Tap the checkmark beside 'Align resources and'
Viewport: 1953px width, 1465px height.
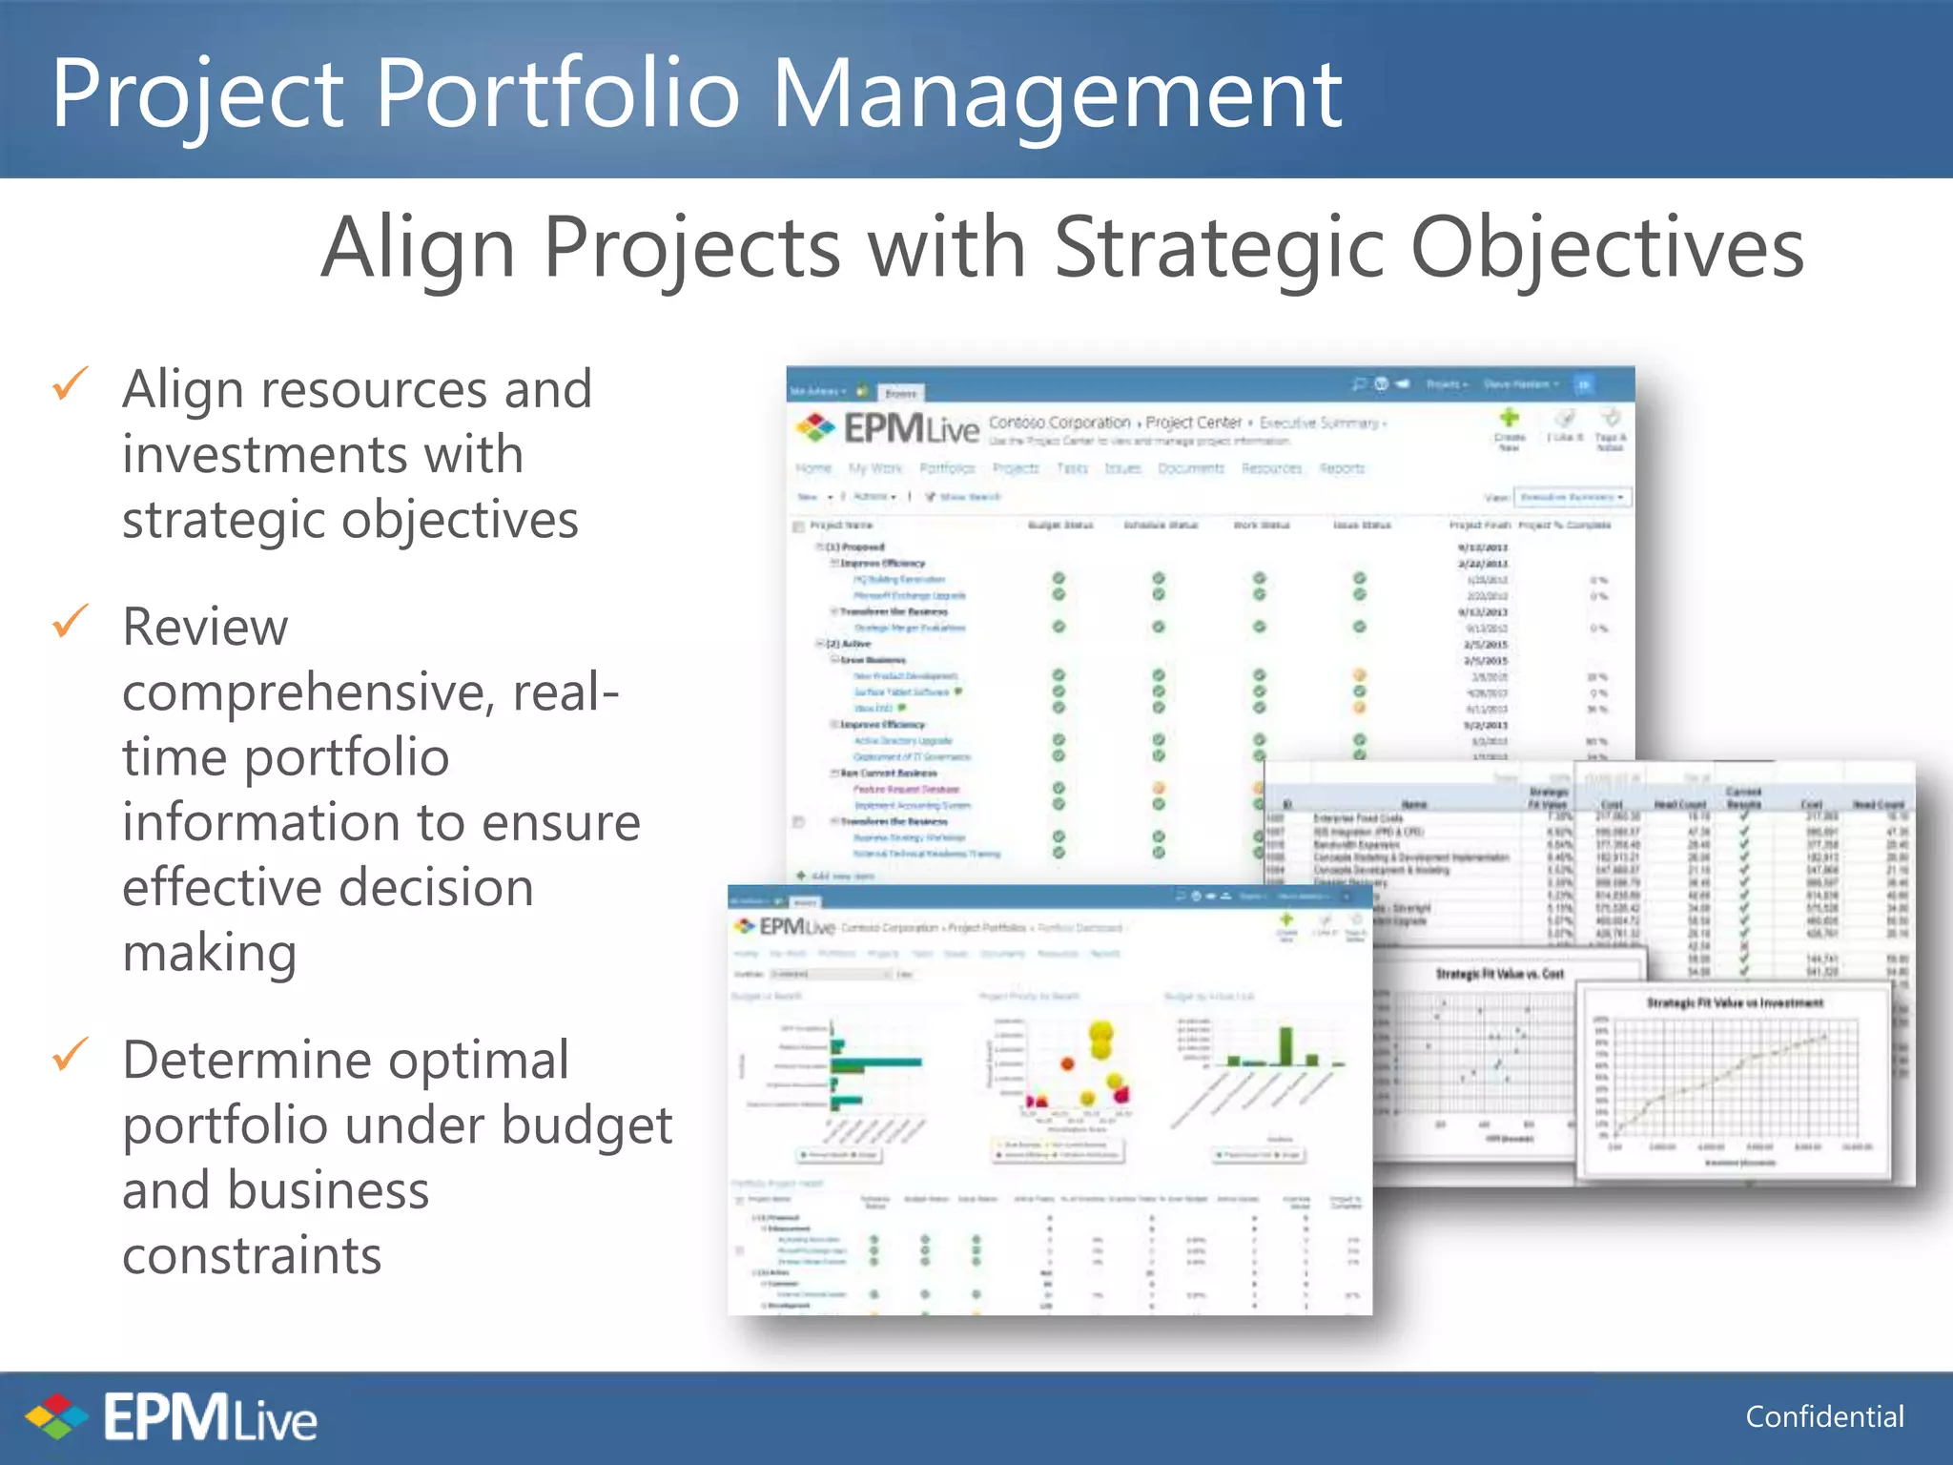pos(71,384)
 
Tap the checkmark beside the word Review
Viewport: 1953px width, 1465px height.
pos(71,621)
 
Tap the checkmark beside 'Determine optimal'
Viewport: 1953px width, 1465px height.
pos(71,1054)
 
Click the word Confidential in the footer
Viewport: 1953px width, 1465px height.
pos(1824,1416)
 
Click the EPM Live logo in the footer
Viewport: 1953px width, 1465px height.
pos(172,1417)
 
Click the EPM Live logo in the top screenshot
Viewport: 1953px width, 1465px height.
pos(887,429)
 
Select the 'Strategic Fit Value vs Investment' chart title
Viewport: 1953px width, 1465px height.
pos(1735,1002)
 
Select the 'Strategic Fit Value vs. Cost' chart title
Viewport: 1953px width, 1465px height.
pos(1500,974)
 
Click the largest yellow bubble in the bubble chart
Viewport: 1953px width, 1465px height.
pos(1101,1034)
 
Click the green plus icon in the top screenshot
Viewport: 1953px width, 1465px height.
pos(1509,418)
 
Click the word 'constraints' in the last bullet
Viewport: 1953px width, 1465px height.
pos(253,1255)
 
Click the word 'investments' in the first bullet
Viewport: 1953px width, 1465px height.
pos(322,454)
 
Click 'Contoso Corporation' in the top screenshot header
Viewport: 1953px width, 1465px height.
pos(1059,422)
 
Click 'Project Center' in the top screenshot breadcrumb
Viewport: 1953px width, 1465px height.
pos(1193,422)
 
